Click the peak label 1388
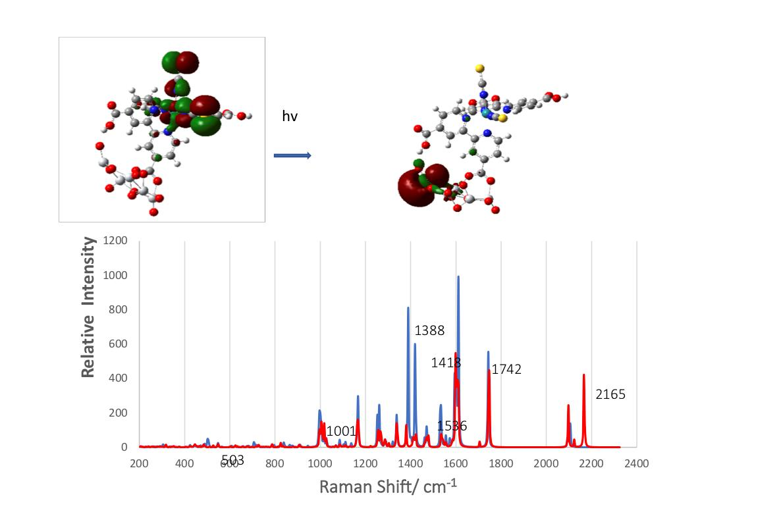[x=430, y=330]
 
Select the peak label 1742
[x=506, y=370]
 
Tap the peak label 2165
[x=610, y=395]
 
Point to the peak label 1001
[x=341, y=432]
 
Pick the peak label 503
[x=232, y=461]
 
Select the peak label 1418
[x=446, y=363]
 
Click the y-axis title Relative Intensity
[x=88, y=307]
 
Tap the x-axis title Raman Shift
[x=388, y=486]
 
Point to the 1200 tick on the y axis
[x=115, y=241]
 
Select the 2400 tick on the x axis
[x=636, y=463]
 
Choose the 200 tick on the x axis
[x=139, y=463]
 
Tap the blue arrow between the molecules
[x=292, y=155]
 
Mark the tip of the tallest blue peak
[x=458, y=277]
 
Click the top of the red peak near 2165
[x=583, y=375]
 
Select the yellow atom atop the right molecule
[x=480, y=68]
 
